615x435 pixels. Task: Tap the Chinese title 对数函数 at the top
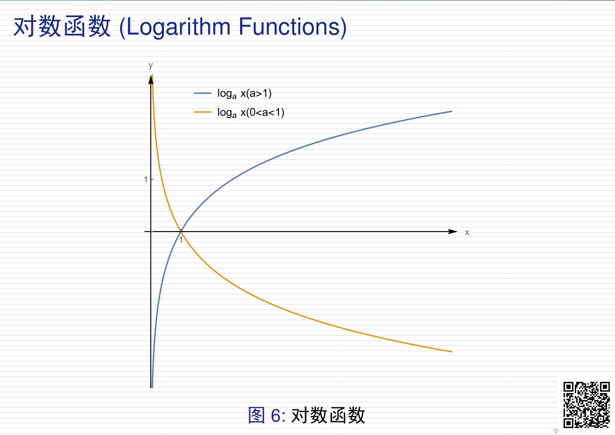pos(62,27)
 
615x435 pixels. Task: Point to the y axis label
pos(150,65)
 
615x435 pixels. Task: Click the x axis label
pos(467,232)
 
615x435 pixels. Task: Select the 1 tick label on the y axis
pos(146,180)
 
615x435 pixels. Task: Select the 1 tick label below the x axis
pos(181,240)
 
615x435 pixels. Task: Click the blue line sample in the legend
pos(203,93)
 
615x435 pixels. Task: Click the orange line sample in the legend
pos(203,112)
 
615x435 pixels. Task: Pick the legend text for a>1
pos(244,94)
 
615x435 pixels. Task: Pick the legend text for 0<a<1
pos(250,113)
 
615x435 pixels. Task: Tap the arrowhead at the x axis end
pos(453,232)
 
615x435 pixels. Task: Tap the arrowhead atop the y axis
pos(151,79)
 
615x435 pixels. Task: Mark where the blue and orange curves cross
pos(181,232)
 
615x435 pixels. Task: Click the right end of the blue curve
pos(452,111)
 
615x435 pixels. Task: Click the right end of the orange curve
pos(452,352)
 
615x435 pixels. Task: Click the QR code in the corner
pos(586,404)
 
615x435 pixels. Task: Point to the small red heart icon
pos(556,431)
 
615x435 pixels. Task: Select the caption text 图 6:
pos(267,415)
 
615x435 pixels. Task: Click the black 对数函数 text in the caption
pos(328,415)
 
